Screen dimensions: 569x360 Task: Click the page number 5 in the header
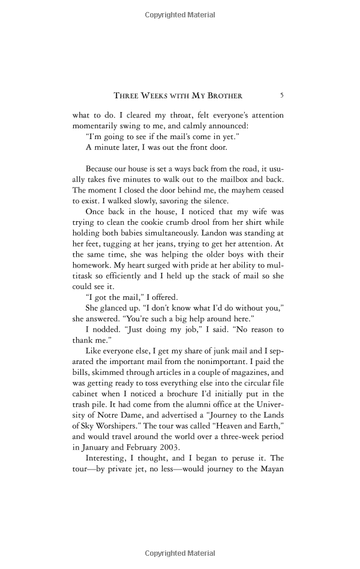(x=282, y=95)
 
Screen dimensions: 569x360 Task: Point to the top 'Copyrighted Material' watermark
(x=179, y=13)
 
